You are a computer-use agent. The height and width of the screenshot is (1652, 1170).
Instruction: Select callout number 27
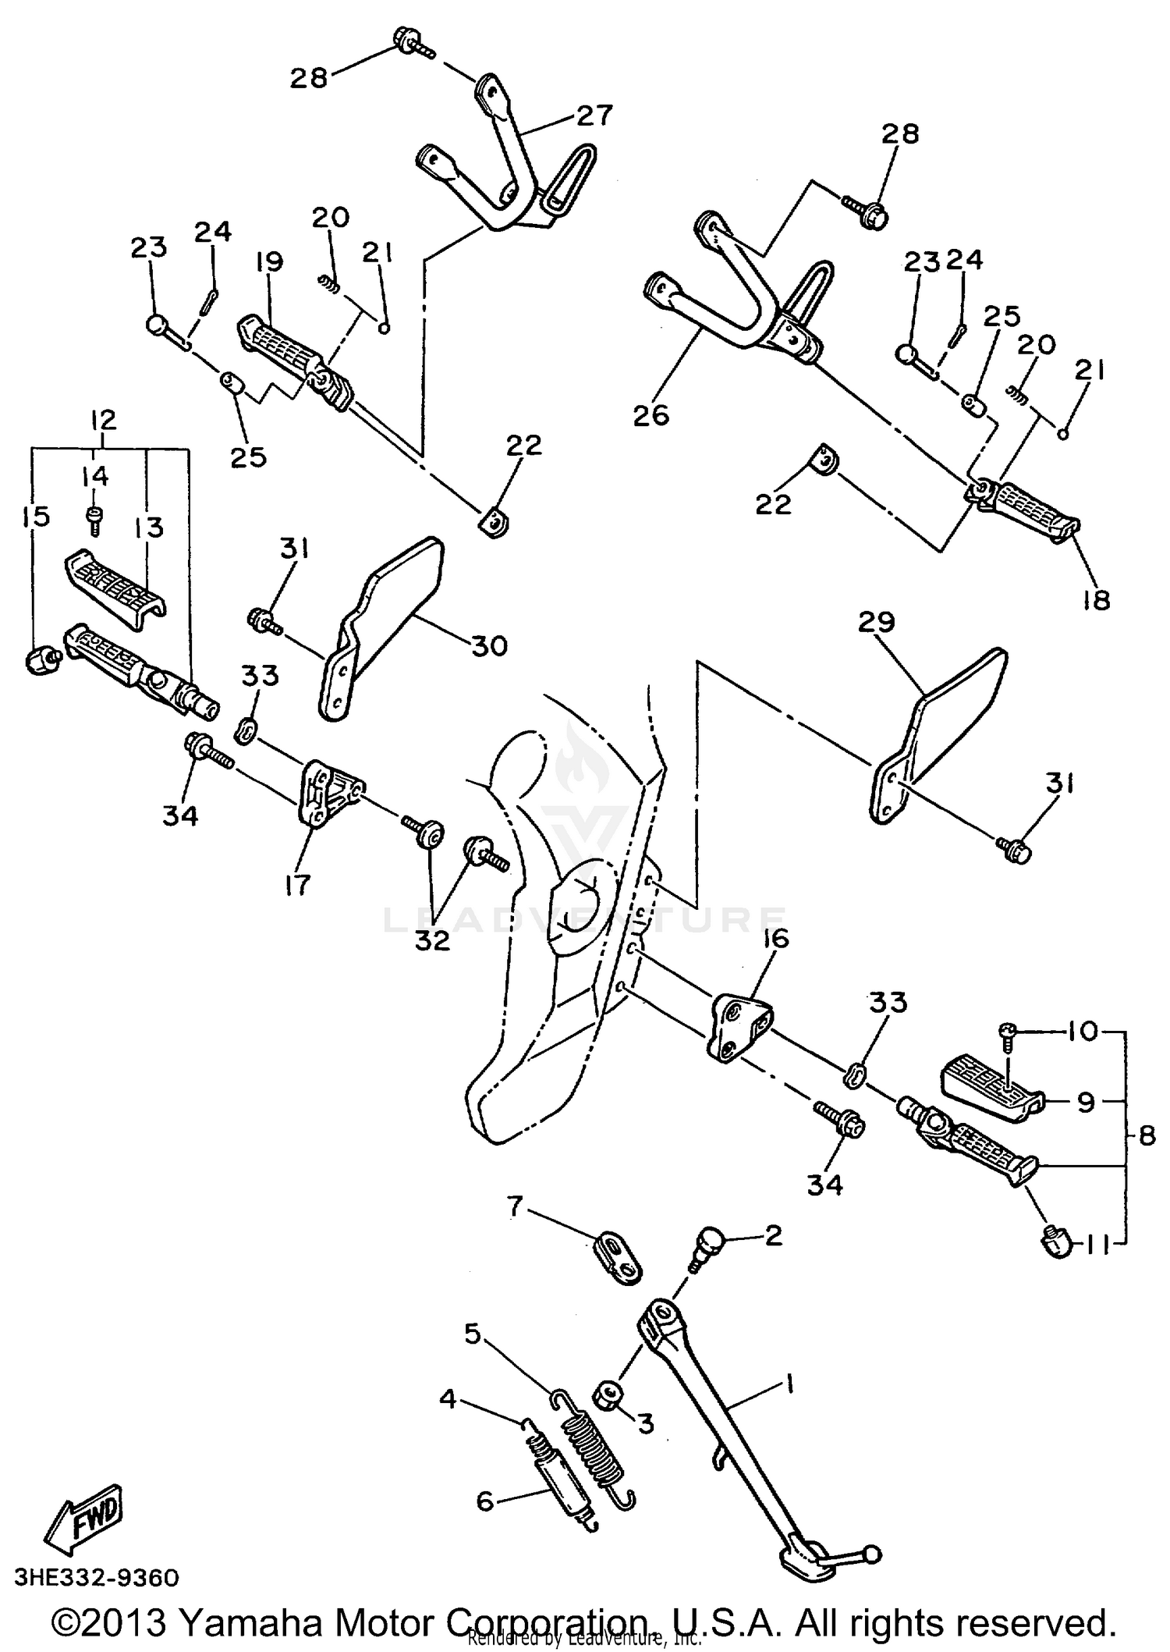[594, 115]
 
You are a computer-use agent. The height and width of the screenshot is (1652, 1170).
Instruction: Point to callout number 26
[651, 415]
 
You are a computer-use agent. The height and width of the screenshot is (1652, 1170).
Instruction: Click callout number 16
[777, 937]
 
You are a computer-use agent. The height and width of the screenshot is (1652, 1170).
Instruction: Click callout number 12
[103, 420]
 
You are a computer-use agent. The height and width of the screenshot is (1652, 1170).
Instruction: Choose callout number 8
[1146, 1136]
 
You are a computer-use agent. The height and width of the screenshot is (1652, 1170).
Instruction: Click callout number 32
[432, 940]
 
